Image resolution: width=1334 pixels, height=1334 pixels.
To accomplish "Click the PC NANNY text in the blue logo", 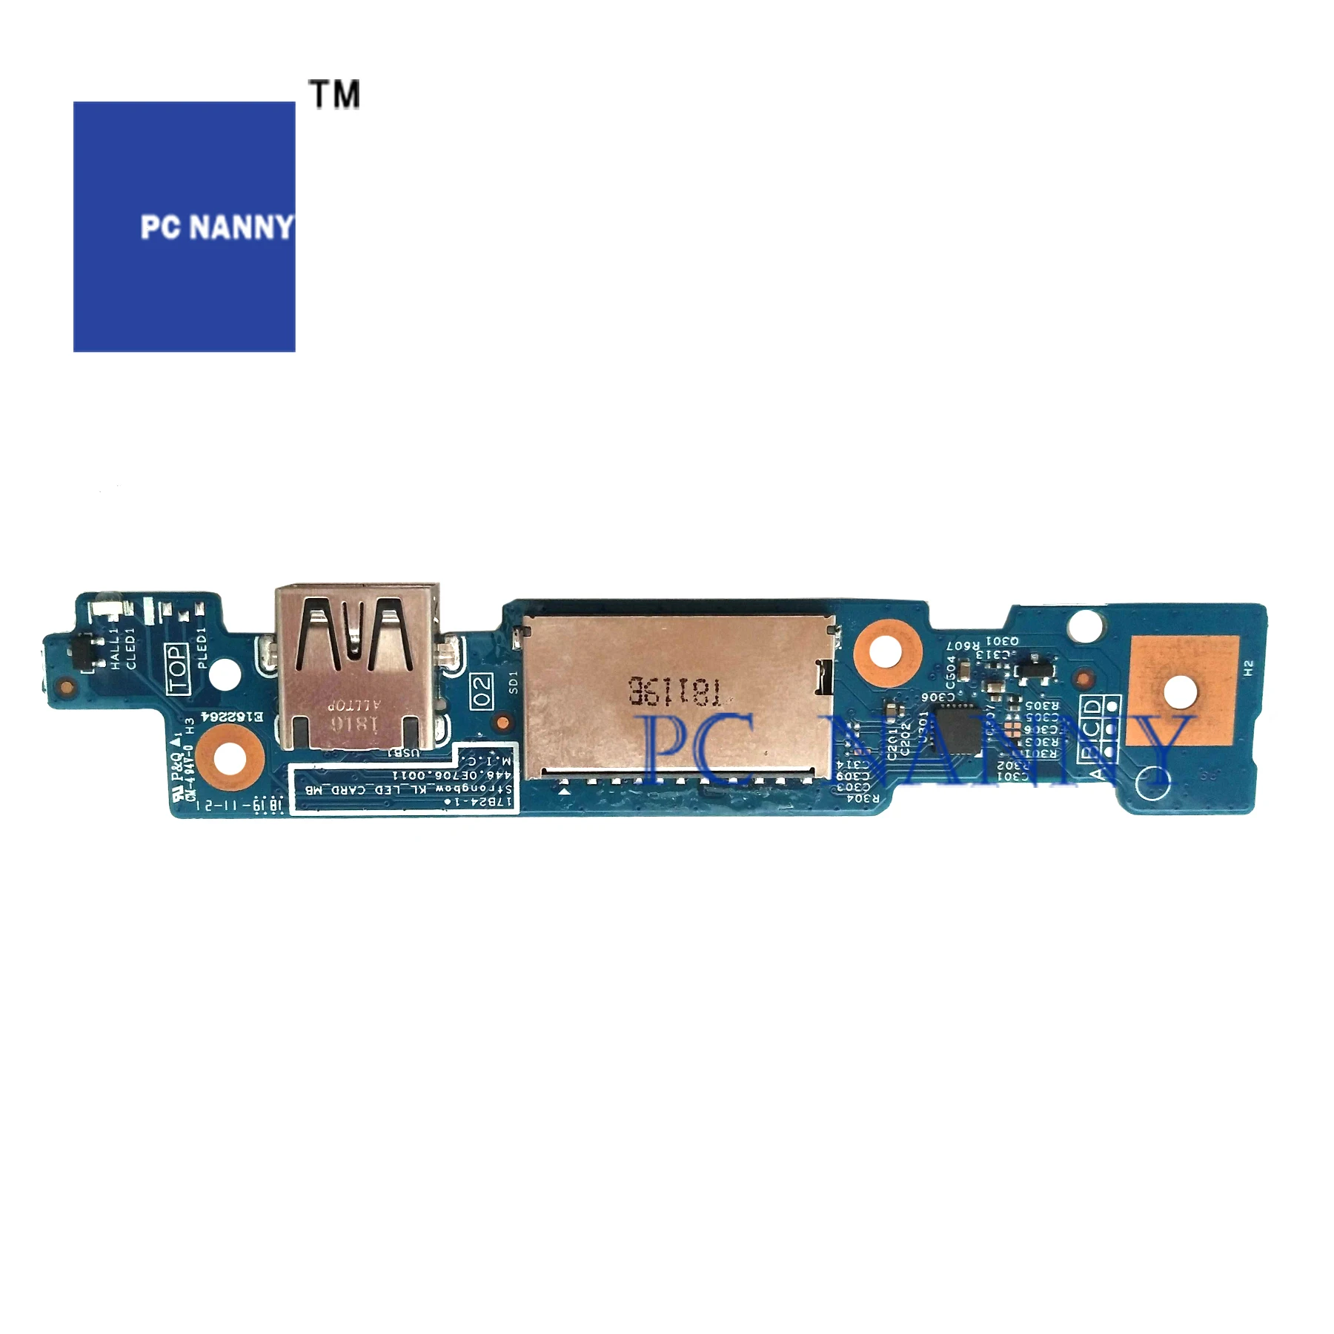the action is click(216, 227).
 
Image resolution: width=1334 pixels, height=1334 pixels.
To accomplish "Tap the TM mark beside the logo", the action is click(335, 95).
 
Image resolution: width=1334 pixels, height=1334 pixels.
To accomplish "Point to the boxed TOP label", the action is click(177, 668).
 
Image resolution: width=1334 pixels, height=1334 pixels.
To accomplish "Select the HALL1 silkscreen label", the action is click(115, 648).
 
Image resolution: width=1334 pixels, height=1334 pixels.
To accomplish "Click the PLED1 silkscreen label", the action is click(201, 648).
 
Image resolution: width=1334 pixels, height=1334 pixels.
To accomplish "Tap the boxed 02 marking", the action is click(482, 691).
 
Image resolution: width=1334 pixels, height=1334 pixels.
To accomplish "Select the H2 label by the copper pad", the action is click(1249, 667).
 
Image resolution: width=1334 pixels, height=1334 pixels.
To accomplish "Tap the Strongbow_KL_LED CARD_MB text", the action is click(408, 789).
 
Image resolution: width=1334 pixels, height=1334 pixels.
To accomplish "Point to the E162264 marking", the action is click(232, 717).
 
